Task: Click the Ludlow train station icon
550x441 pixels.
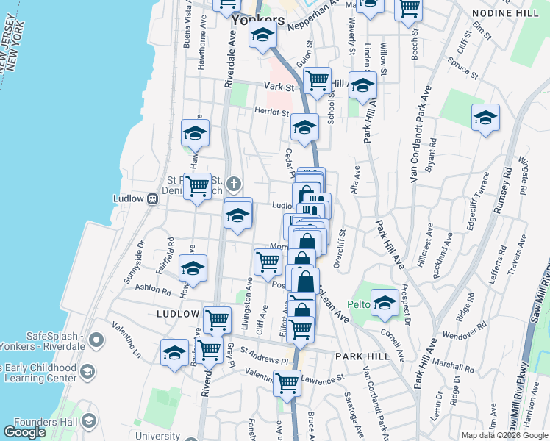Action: point(153,198)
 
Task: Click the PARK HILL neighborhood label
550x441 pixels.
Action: point(360,356)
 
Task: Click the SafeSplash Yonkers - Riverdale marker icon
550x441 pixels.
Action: point(96,341)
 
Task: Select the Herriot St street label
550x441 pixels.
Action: point(271,112)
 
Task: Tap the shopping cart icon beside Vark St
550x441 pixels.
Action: point(317,80)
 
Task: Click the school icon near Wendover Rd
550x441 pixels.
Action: point(384,302)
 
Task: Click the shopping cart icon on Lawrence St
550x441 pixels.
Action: point(287,381)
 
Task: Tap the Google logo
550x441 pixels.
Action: point(24,432)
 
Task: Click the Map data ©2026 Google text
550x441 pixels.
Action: point(504,435)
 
